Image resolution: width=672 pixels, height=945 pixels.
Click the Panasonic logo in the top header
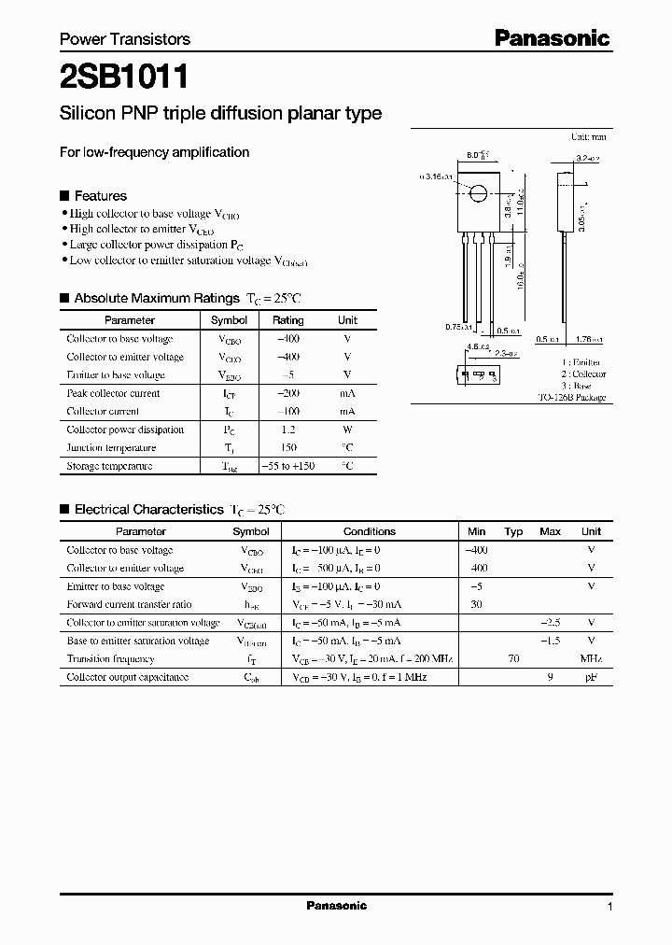552,38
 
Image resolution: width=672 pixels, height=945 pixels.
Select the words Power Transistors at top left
125,39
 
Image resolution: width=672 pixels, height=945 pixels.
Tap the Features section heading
100,196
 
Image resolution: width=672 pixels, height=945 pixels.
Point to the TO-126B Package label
571,397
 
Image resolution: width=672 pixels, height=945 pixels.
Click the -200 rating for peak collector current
287,393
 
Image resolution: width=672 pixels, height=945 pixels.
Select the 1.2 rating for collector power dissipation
287,430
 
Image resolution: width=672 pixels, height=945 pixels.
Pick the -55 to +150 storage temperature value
287,466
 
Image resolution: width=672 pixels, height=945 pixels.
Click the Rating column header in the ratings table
287,320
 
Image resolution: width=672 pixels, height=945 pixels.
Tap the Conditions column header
369,531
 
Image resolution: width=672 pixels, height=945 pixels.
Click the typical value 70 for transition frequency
513,658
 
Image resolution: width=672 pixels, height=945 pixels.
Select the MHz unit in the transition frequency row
591,658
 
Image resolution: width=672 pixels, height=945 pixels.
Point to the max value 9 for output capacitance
551,676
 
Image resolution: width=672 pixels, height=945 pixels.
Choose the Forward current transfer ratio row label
129,604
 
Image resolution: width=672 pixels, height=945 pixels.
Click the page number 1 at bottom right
609,907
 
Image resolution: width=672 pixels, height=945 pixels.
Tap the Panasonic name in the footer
337,906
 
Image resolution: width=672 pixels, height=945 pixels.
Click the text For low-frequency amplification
154,152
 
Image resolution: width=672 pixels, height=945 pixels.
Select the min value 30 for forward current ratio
476,604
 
